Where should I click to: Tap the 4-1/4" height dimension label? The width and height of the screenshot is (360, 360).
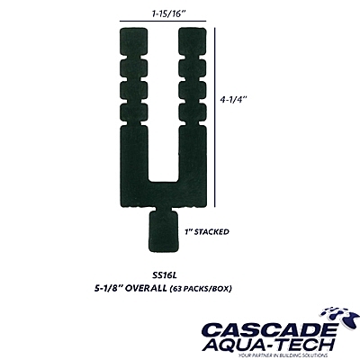point(233,99)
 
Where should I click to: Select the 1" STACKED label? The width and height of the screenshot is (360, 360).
point(207,231)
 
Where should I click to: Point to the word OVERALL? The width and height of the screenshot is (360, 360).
point(145,289)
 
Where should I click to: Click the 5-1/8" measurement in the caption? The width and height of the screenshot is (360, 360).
point(107,289)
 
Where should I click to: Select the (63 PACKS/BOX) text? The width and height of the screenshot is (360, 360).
point(201,289)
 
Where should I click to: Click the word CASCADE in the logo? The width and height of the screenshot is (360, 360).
point(269,330)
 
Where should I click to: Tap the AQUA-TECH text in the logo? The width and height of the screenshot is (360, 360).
point(268,345)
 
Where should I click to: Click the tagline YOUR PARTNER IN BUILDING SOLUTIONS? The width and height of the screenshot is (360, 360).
point(281,355)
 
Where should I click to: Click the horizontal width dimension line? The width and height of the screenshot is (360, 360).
point(163,21)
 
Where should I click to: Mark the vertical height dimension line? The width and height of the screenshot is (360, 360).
point(215,117)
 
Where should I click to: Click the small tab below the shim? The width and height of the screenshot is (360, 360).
point(164,231)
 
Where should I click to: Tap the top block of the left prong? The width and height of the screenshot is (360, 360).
point(133,41)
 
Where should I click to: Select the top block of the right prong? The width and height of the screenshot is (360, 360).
point(193,41)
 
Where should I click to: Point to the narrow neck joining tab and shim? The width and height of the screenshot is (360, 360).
point(164,209)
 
